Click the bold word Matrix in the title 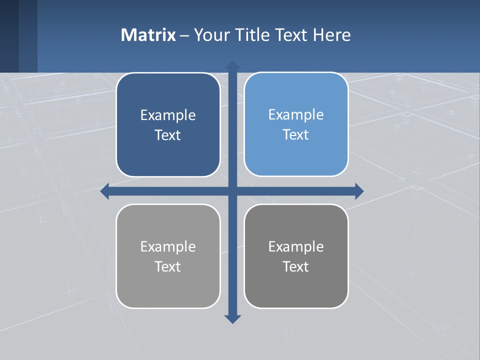(148, 35)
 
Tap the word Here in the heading (331, 35)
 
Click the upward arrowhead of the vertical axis (232, 65)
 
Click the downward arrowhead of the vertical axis (232, 319)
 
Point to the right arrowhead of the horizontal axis (359, 191)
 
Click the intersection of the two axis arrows (232, 191)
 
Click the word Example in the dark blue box (168, 115)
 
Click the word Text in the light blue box (296, 135)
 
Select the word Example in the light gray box (168, 246)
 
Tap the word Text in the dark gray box (296, 266)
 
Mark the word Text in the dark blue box (168, 135)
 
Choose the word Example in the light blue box (296, 115)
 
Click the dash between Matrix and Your (184, 35)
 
